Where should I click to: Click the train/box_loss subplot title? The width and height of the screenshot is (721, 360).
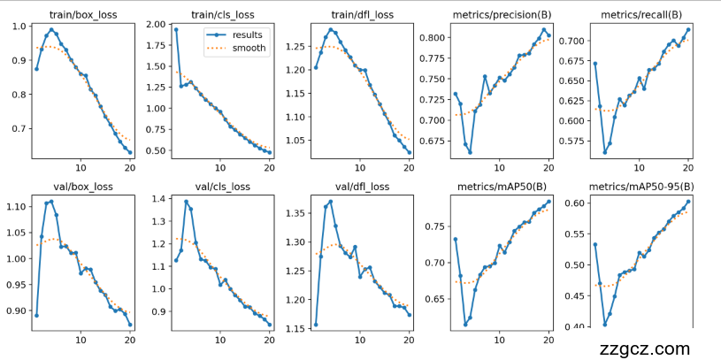pos(83,14)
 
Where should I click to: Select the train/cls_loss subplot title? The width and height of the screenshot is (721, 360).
pos(222,14)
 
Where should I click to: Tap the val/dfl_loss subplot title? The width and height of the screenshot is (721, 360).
pos(362,187)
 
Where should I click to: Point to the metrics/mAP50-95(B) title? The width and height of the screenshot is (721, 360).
pos(641,187)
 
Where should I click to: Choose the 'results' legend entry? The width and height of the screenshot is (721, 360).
pos(247,35)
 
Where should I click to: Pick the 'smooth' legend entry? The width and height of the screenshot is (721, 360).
pos(248,49)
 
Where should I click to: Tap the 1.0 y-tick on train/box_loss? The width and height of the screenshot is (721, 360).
pos(19,26)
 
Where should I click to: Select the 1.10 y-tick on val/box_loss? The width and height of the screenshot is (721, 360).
pos(17,206)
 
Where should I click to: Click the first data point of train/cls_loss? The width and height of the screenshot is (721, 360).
pos(176,29)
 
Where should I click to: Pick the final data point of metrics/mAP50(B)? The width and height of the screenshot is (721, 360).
pos(548,201)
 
